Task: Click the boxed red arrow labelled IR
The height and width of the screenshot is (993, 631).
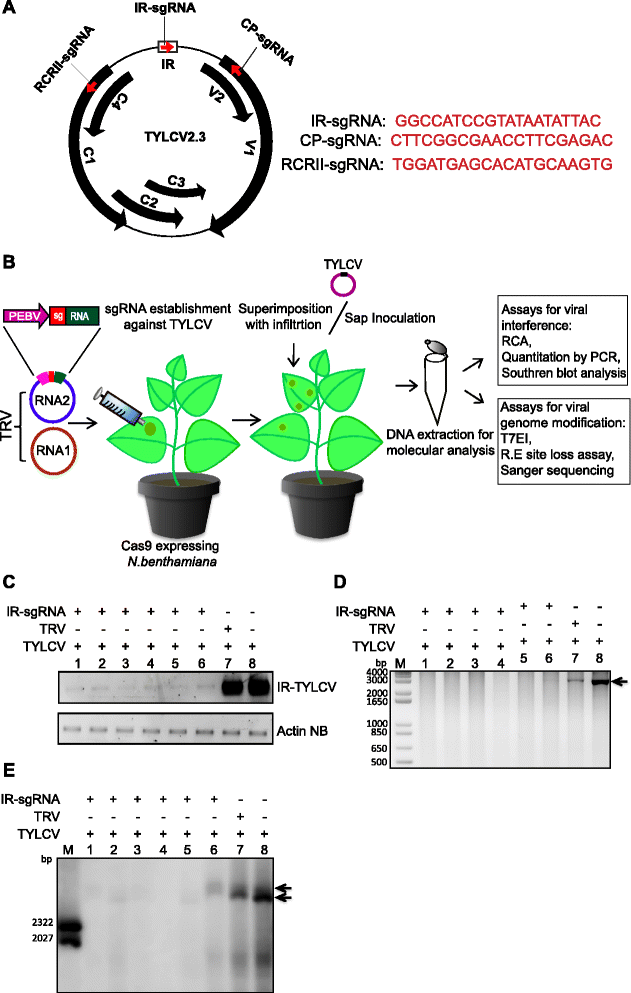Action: click(x=168, y=47)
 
